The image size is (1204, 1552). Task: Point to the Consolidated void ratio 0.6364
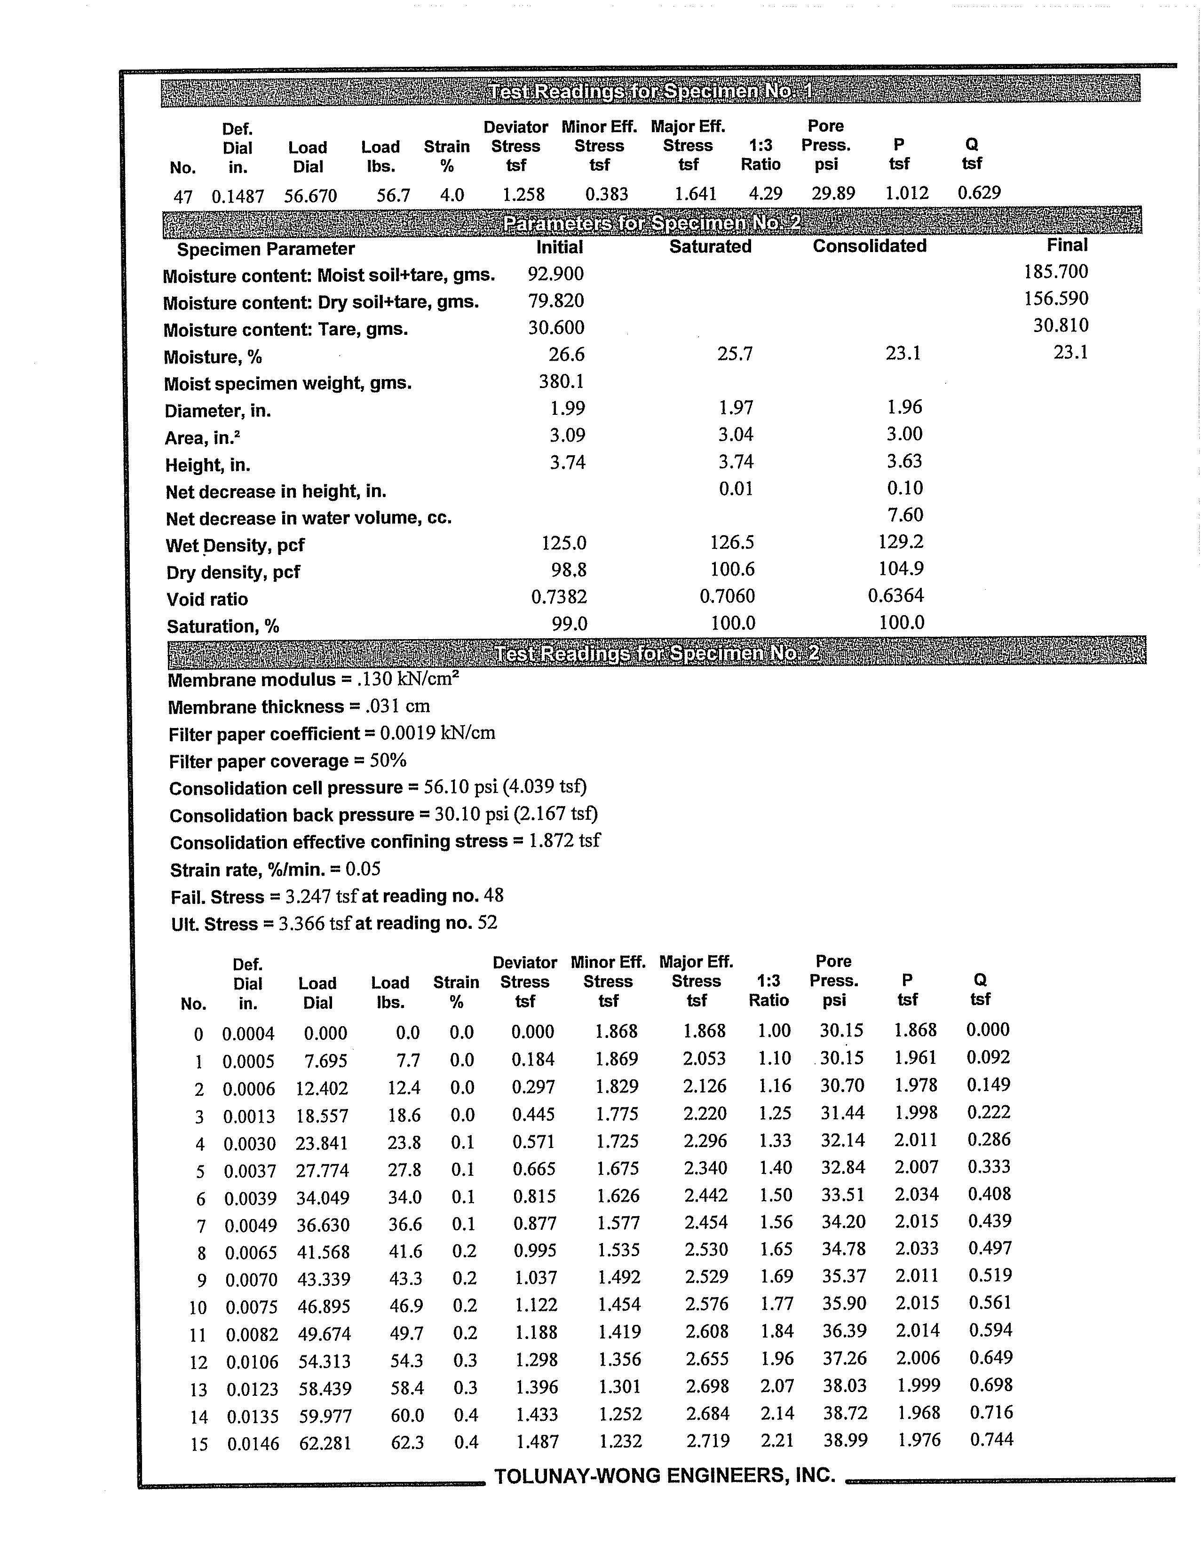895,595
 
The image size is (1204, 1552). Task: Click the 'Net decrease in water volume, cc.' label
309,518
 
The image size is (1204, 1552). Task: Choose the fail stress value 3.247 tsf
322,896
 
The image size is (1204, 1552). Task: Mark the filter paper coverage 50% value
388,761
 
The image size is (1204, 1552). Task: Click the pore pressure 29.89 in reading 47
833,193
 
